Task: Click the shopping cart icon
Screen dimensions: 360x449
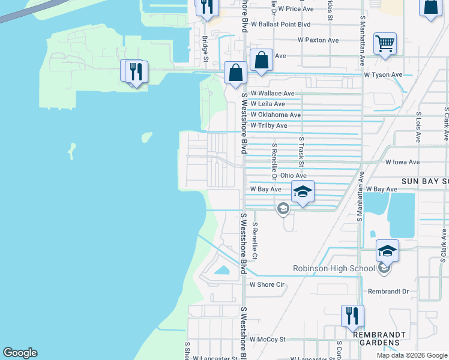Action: [385, 43]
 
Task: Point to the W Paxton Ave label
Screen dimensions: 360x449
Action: [318, 40]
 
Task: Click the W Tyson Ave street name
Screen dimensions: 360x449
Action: [383, 75]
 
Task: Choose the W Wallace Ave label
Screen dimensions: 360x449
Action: [273, 94]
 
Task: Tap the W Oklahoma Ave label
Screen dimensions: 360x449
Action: [276, 115]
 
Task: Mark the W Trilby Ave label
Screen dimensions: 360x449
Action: [269, 125]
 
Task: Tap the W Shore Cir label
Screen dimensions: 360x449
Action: [267, 284]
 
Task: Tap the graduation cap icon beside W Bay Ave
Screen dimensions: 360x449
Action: [303, 192]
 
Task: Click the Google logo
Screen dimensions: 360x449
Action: [20, 353]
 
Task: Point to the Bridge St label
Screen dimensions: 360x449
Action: [205, 49]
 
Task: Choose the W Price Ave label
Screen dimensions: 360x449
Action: [291, 9]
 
